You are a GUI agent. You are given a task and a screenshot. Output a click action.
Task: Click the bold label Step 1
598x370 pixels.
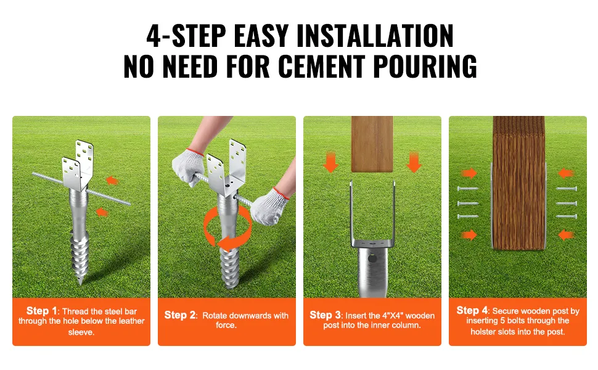pyautogui.click(x=42, y=311)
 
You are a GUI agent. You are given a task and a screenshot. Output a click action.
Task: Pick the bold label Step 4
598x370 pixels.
pyautogui.click(x=472, y=311)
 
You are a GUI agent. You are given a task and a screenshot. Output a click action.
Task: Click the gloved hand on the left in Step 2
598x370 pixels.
pyautogui.click(x=189, y=167)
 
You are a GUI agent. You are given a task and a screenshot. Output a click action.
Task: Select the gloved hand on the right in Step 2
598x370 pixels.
pyautogui.click(x=271, y=206)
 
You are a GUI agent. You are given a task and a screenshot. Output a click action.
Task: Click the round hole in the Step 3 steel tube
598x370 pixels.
pyautogui.click(x=372, y=258)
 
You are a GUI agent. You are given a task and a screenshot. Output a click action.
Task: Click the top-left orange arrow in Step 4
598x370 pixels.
pyautogui.click(x=469, y=173)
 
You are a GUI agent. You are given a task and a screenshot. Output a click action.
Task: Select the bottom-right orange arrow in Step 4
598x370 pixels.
pyautogui.click(x=567, y=235)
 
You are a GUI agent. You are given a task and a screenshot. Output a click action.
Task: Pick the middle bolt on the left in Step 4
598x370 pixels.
pyautogui.click(x=467, y=203)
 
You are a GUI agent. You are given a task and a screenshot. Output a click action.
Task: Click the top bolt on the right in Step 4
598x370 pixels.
pyautogui.click(x=567, y=189)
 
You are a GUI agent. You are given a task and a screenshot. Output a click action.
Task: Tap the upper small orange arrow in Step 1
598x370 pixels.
pyautogui.click(x=112, y=180)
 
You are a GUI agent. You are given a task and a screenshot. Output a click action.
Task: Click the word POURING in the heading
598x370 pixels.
pyautogui.click(x=425, y=67)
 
